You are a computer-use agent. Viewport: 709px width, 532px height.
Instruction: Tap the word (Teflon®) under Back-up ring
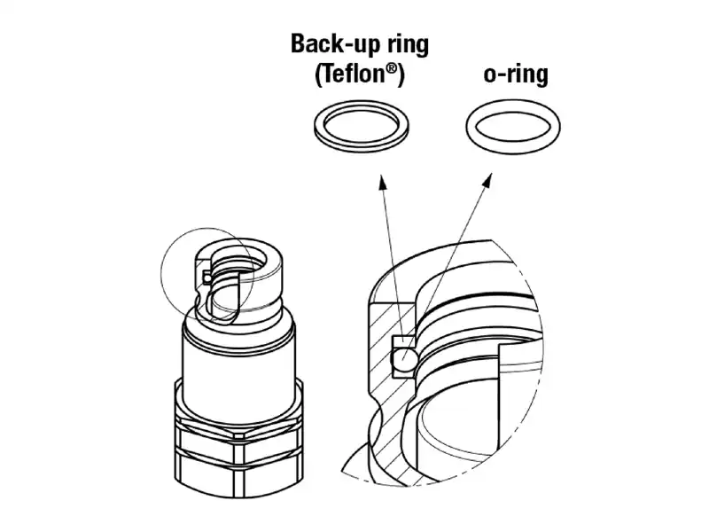pyautogui.click(x=360, y=74)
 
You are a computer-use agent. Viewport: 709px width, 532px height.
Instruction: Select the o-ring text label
pyautogui.click(x=516, y=74)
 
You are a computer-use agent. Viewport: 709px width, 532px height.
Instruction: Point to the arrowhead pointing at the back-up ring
pyautogui.click(x=382, y=181)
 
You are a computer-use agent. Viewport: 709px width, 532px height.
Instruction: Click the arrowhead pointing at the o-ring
pyautogui.click(x=488, y=180)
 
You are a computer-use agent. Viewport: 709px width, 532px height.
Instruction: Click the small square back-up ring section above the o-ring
pyautogui.click(x=403, y=342)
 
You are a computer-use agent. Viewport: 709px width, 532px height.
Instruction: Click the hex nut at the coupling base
pyautogui.click(x=238, y=452)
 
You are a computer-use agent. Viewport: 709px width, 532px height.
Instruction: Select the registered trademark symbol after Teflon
pyautogui.click(x=393, y=69)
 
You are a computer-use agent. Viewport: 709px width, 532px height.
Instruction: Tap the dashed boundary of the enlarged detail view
pyautogui.click(x=541, y=353)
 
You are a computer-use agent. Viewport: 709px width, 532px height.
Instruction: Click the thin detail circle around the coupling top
pyautogui.click(x=161, y=274)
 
